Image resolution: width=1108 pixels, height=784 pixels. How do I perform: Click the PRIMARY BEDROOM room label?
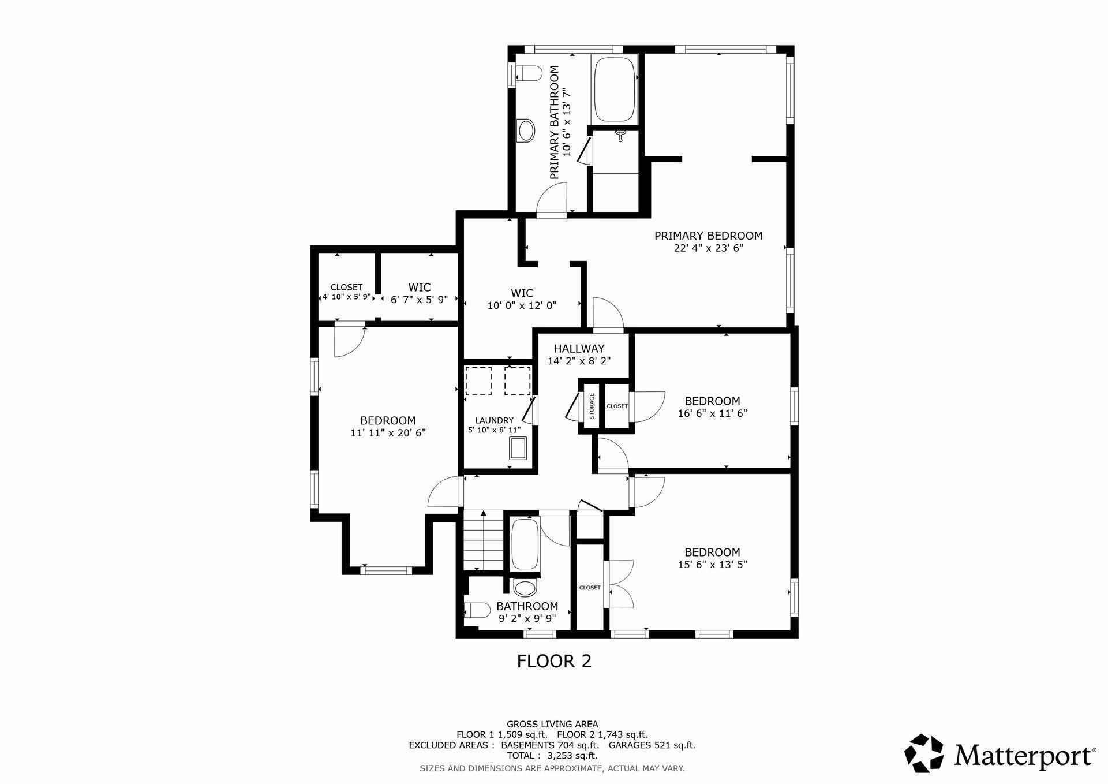(708, 236)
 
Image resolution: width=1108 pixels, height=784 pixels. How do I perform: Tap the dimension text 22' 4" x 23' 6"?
(708, 248)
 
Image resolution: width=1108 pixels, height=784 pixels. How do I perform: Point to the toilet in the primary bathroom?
(528, 74)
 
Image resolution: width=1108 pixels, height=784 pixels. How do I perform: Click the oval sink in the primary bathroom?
(526, 130)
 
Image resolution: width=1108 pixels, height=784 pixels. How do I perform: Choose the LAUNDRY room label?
(494, 420)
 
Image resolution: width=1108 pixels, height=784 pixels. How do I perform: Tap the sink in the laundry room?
(518, 449)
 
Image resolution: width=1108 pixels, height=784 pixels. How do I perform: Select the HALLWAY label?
(579, 349)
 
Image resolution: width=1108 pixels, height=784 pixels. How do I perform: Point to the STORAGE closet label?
(592, 406)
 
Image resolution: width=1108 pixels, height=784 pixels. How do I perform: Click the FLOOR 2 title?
(554, 661)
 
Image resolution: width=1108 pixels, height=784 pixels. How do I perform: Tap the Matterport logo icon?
(924, 753)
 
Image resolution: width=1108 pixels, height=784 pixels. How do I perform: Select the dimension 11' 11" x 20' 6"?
(388, 433)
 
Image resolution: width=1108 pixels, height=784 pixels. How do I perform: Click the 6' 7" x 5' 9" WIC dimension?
(420, 300)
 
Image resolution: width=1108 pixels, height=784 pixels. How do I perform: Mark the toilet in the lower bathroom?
(477, 610)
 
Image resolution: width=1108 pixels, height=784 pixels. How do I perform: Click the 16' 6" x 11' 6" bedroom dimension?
(713, 413)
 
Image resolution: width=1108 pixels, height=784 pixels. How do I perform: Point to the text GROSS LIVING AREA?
(552, 724)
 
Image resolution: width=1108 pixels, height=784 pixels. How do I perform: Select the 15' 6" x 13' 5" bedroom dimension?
(713, 565)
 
